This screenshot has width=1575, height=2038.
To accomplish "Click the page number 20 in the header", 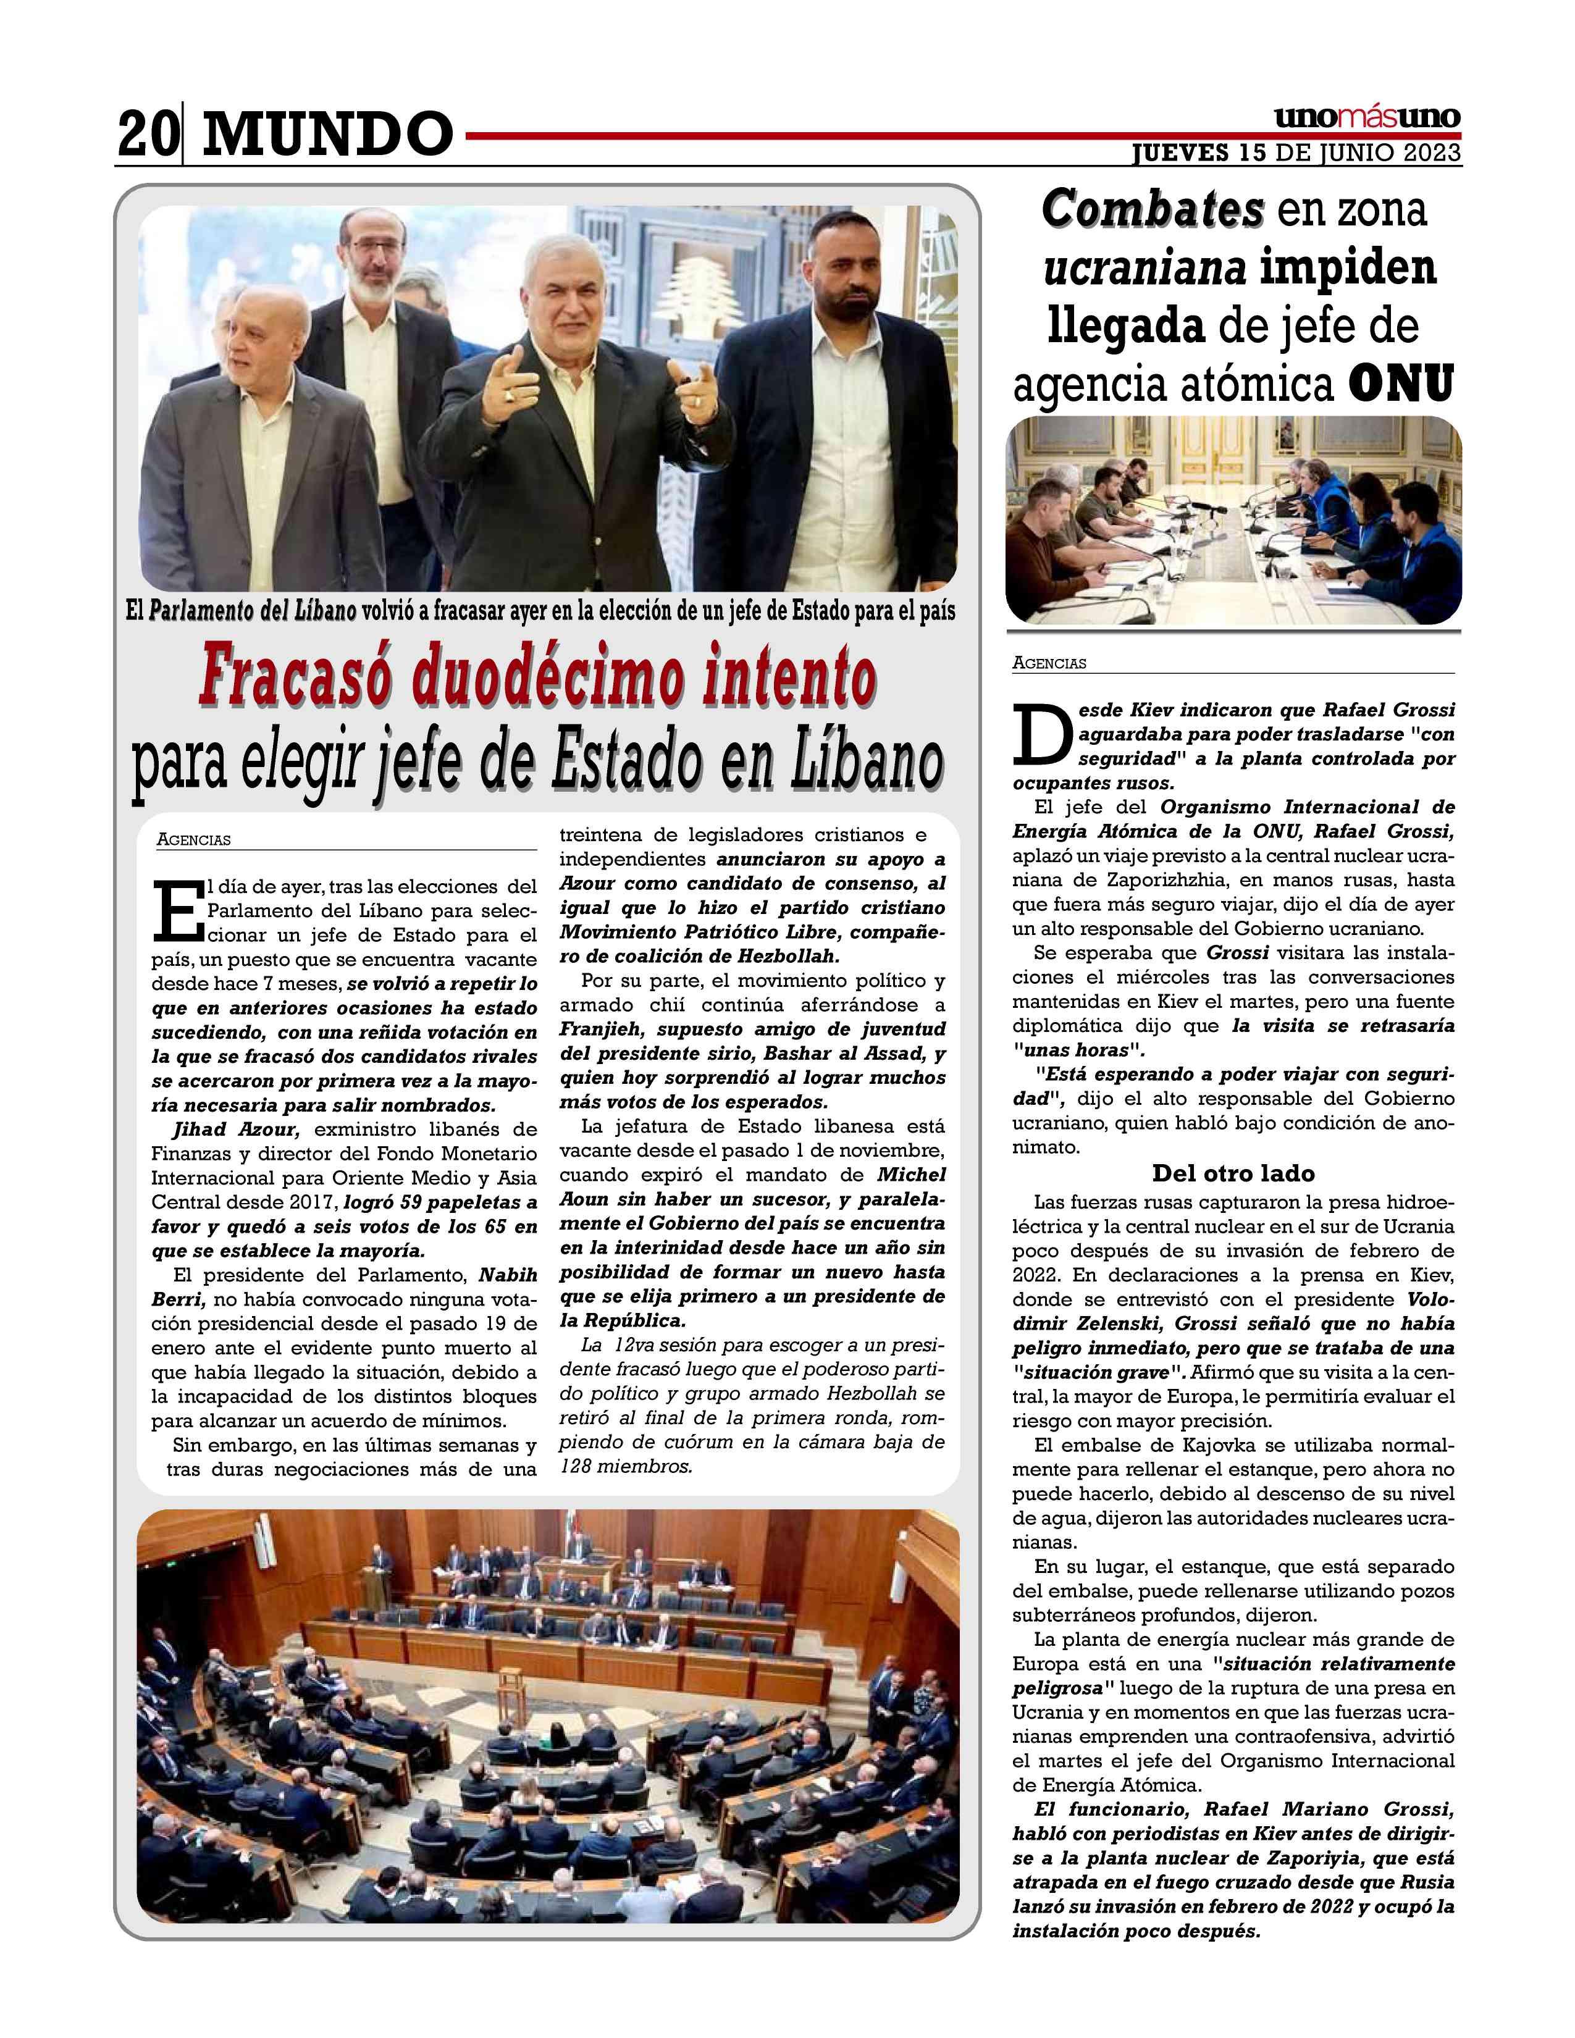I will pyautogui.click(x=146, y=133).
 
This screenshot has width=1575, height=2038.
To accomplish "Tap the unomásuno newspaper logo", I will pyautogui.click(x=1367, y=117).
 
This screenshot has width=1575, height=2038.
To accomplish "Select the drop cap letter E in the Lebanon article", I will pyautogui.click(x=177, y=910).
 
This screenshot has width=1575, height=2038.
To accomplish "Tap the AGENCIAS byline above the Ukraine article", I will pyautogui.click(x=1049, y=663).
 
